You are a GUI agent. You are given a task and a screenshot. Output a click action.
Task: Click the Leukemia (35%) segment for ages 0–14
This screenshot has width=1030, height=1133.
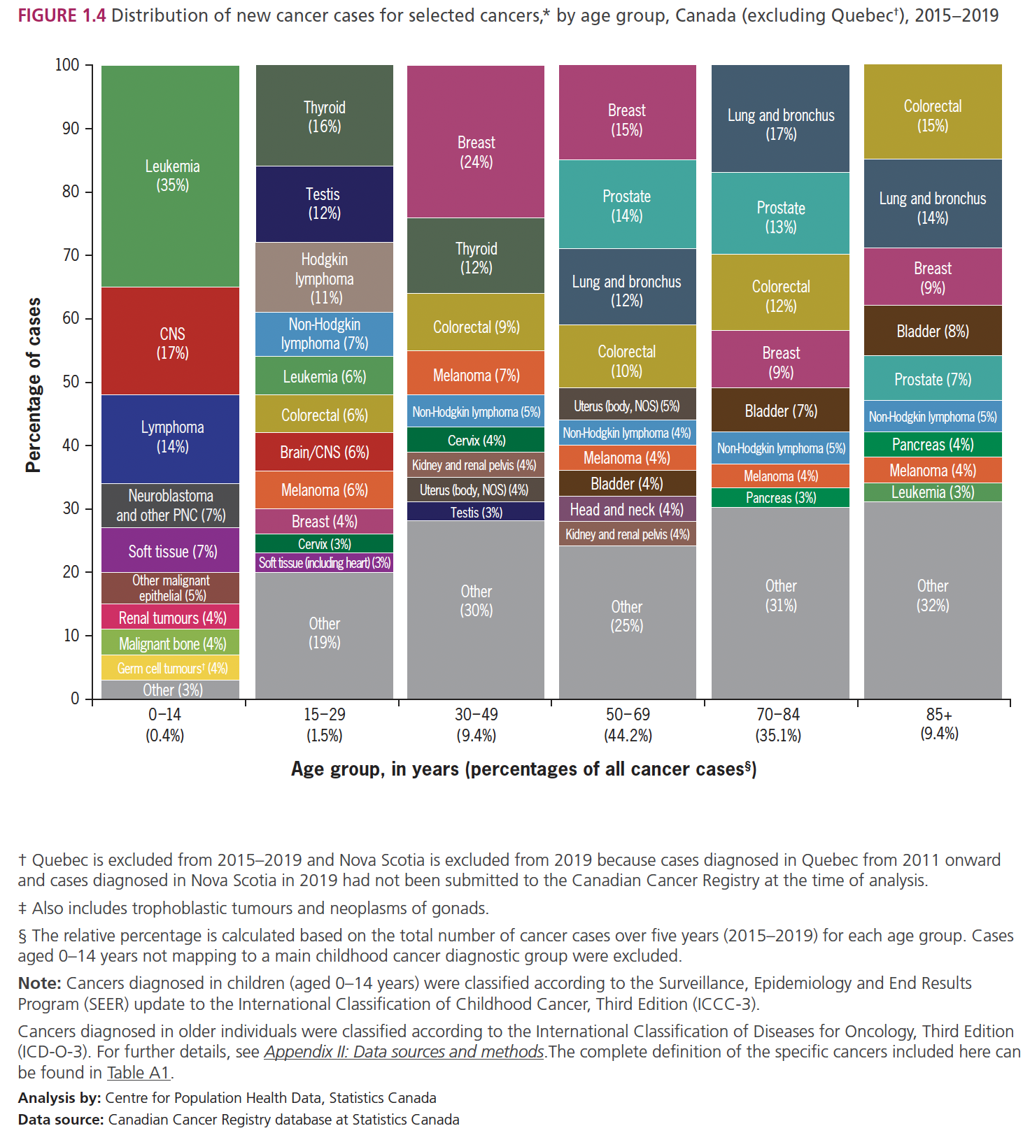[x=171, y=176]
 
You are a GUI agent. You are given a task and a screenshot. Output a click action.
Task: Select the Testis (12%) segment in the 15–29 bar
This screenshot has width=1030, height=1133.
[x=324, y=204]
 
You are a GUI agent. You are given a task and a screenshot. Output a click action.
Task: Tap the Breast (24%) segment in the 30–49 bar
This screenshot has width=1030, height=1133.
[x=476, y=152]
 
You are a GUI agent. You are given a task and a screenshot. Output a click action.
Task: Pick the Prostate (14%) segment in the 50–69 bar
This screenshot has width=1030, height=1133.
[x=627, y=206]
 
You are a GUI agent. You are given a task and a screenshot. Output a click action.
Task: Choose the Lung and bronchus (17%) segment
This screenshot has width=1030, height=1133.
[x=780, y=124]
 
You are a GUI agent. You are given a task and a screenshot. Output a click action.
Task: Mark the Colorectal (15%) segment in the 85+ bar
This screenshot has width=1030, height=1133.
[x=932, y=115]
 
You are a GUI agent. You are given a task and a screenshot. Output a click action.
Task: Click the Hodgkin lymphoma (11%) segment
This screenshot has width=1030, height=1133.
[x=324, y=278]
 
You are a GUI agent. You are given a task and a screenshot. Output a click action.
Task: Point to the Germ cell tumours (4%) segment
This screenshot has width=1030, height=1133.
[x=171, y=668]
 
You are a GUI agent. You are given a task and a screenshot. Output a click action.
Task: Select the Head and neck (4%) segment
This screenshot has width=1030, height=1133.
[x=627, y=509]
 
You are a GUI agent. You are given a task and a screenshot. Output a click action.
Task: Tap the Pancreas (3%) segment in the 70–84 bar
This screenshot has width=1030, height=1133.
[x=780, y=498]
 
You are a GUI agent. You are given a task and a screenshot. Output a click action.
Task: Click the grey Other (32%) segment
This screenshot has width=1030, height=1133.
[x=932, y=595]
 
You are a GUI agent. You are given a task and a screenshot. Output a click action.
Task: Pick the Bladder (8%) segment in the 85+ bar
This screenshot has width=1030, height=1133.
[x=932, y=331]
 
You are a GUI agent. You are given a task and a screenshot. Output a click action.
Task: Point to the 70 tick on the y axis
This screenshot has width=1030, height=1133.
[x=71, y=255]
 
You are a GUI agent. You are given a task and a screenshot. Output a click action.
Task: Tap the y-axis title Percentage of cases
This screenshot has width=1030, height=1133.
[x=34, y=385]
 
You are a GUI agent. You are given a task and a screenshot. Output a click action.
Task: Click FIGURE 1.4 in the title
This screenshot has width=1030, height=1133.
[x=62, y=15]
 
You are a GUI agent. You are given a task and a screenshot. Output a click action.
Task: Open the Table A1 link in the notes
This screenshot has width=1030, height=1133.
[x=139, y=1073]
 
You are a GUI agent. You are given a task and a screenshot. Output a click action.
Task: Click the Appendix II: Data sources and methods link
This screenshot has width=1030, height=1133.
[x=404, y=1052]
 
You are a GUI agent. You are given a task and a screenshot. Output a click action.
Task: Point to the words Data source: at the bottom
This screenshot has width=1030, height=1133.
[x=61, y=1120]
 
